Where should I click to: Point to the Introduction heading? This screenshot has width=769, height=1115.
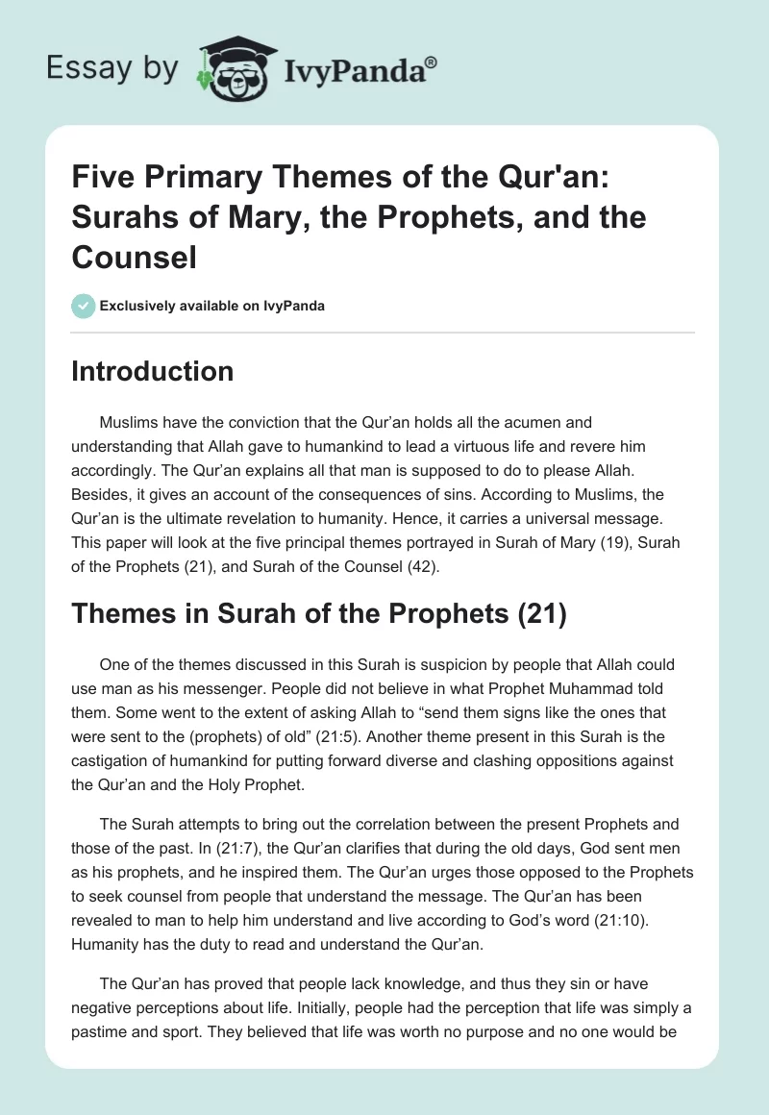pyautogui.click(x=152, y=371)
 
